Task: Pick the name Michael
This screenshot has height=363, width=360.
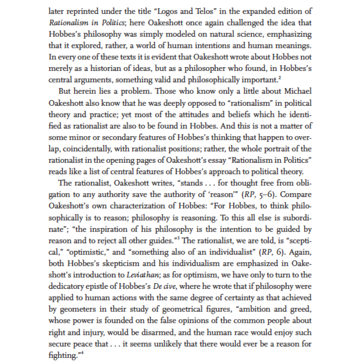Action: click(x=298, y=92)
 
